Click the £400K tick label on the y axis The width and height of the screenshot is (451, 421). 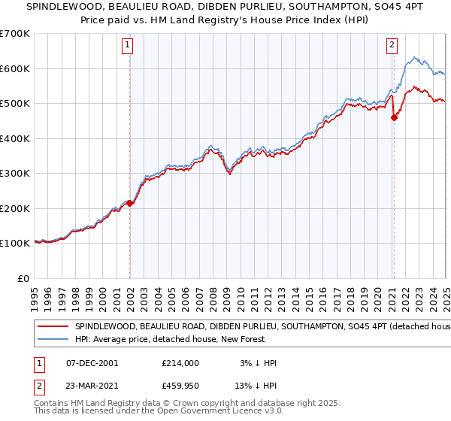pos(14,138)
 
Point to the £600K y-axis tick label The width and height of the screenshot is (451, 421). pos(14,68)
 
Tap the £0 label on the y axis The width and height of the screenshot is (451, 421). pos(22,278)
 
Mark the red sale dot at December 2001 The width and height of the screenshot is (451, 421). pos(129,203)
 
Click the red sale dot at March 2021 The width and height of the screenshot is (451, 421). pos(393,117)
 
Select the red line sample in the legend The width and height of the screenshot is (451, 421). pos(53,327)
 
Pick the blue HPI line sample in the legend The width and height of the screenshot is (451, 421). pos(53,341)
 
